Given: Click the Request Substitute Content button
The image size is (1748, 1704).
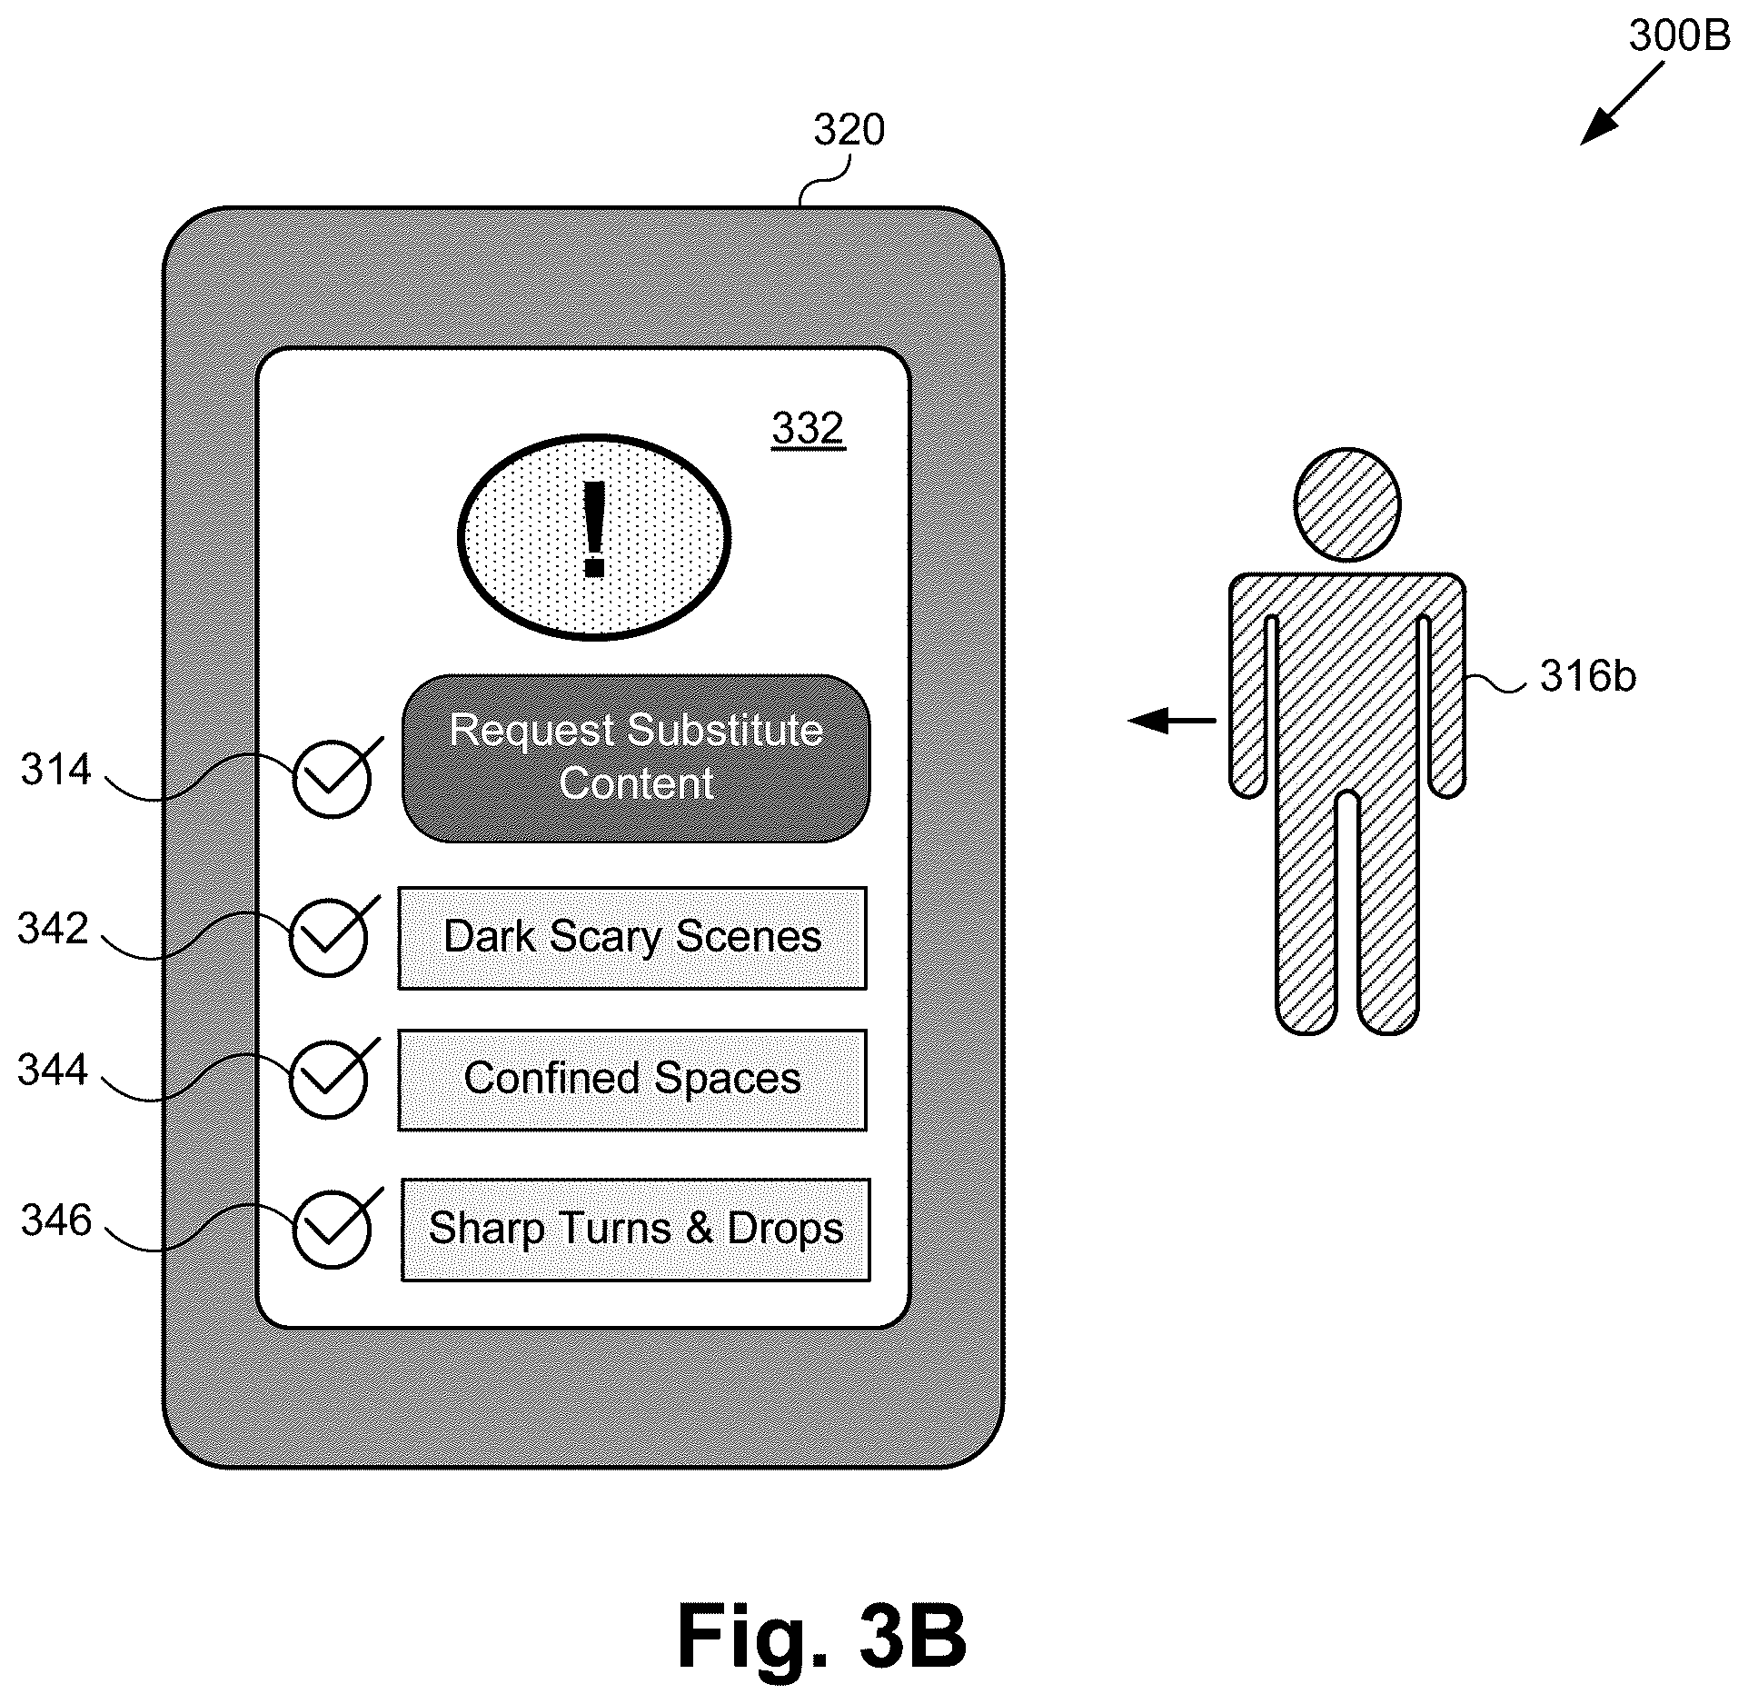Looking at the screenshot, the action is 636,758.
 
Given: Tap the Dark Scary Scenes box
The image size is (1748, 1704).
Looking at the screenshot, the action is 632,938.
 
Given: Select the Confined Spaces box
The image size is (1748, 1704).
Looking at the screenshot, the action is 632,1080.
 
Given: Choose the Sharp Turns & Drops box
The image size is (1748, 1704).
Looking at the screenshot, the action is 636,1230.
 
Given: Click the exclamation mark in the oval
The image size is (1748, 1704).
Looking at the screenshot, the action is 594,530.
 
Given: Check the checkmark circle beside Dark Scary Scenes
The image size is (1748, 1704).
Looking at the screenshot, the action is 329,938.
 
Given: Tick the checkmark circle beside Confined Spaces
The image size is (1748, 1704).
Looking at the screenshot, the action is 329,1080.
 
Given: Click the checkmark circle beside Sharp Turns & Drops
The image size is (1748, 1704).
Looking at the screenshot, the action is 333,1230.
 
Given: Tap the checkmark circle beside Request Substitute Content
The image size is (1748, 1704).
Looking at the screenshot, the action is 333,779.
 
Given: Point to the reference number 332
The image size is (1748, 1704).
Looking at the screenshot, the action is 808,427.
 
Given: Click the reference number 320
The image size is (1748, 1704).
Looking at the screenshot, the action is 849,130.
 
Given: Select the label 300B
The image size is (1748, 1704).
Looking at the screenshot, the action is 1679,36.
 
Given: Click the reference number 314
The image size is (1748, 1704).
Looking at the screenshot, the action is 56,770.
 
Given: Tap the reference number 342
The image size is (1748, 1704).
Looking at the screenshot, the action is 53,929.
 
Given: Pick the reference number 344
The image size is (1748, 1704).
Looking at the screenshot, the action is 53,1070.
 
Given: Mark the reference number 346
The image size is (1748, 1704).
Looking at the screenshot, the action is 56,1220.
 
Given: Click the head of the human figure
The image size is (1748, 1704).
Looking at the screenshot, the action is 1346,503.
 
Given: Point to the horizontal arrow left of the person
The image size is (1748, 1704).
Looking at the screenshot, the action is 1172,721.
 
